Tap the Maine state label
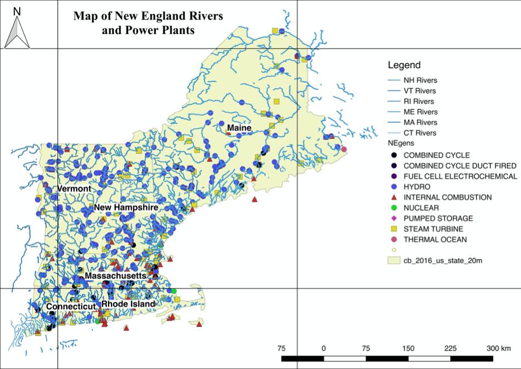(240, 129)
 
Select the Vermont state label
(74, 189)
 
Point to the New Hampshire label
(126, 208)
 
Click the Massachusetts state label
(115, 276)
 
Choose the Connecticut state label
(71, 307)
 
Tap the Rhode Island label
(128, 304)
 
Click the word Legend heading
(404, 65)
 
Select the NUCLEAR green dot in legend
(393, 208)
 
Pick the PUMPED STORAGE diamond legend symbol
(393, 218)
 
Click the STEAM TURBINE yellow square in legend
(393, 229)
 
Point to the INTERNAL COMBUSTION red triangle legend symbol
(393, 197)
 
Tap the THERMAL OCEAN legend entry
(435, 239)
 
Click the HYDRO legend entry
(416, 186)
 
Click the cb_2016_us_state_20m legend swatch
(393, 261)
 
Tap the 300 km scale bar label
(498, 348)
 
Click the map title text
(148, 23)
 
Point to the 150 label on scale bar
(408, 348)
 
